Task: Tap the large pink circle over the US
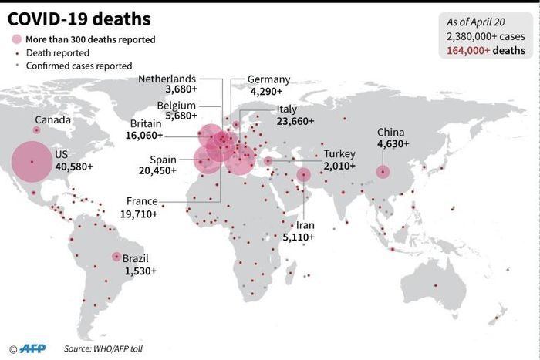click(x=32, y=162)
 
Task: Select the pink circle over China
click(x=383, y=172)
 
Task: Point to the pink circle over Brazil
click(x=116, y=257)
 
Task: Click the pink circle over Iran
click(x=304, y=175)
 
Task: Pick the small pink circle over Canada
click(x=36, y=130)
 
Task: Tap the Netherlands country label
click(x=167, y=79)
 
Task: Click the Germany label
click(x=268, y=79)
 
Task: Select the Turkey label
click(x=339, y=153)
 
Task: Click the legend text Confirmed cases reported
click(x=79, y=66)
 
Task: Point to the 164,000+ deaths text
click(x=484, y=50)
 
